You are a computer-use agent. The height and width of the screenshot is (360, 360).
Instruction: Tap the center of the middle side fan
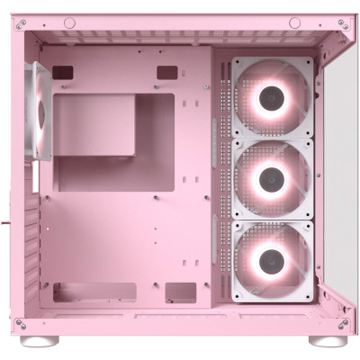pos(271,178)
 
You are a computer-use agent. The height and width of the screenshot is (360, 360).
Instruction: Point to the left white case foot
pos(45,341)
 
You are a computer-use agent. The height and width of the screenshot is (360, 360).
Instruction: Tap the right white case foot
pos(328,341)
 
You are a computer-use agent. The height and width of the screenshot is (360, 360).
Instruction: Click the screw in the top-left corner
pos(20,24)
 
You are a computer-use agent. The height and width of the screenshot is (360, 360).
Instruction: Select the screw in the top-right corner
pos(343,24)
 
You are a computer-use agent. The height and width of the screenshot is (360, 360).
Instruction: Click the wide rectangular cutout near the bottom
pos(94,292)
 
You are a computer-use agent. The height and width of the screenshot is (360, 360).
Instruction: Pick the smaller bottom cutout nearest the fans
pos(180,292)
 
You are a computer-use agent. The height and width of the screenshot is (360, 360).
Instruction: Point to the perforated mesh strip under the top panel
pos(180,38)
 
